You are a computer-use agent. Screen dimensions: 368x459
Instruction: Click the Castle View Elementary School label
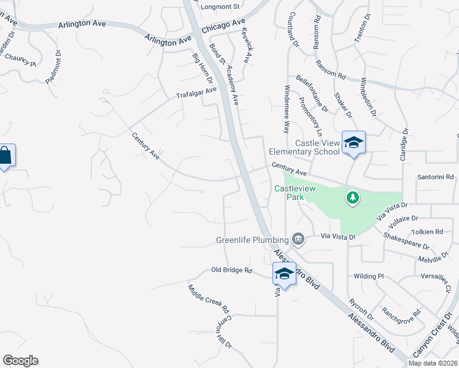point(304,147)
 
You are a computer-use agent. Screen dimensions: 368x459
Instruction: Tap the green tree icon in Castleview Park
point(352,197)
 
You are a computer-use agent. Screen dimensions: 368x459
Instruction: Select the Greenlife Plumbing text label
point(252,239)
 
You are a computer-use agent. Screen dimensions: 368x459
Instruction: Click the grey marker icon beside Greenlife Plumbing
point(298,238)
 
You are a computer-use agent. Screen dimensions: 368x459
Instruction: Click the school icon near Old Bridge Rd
point(284,274)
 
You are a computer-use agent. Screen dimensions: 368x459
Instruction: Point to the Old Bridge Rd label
point(232,270)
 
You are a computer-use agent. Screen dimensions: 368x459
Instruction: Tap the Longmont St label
point(223,7)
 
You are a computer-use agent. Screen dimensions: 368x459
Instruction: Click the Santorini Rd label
point(430,177)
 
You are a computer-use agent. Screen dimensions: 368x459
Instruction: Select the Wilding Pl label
point(368,277)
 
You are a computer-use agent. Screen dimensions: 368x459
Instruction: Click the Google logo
point(20,361)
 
